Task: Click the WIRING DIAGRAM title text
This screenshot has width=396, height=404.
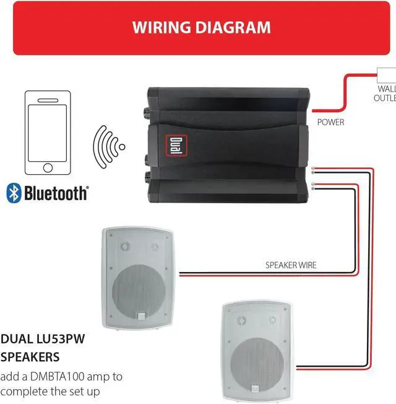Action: (x=202, y=27)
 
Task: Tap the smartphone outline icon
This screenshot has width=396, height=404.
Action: (x=48, y=133)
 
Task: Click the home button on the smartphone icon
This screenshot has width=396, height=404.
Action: (x=48, y=167)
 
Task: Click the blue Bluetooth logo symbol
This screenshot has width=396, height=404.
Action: (x=13, y=193)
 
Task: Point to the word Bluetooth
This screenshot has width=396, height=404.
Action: (x=55, y=193)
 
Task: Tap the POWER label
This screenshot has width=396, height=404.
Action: (x=330, y=122)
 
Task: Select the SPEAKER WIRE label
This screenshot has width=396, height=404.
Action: (x=291, y=265)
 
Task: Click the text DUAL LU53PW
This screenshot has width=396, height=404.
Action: (x=41, y=339)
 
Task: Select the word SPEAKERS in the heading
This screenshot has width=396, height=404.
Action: (x=30, y=358)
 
